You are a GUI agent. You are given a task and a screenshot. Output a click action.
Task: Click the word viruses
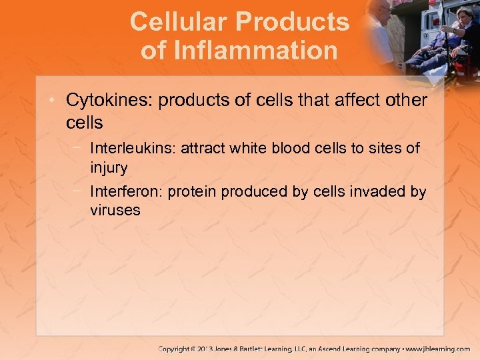[115, 211]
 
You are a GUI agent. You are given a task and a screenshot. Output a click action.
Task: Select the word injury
[109, 166]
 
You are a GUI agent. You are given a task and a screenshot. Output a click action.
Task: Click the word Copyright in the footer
[177, 349]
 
